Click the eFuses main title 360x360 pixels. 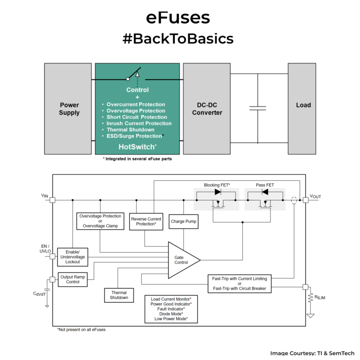coord(178,17)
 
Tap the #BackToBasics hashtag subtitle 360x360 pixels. coord(178,39)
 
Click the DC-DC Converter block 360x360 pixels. coord(207,109)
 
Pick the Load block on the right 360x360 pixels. coord(303,105)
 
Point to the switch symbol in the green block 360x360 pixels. coord(133,75)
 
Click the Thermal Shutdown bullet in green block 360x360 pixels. coord(130,130)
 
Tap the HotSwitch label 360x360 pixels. coord(137,147)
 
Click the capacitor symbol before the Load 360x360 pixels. coord(257,108)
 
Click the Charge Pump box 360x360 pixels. coord(184,221)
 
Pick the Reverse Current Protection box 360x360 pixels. coord(146,221)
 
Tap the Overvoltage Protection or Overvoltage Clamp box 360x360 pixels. coord(100,221)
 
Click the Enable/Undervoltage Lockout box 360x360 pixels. coord(73,257)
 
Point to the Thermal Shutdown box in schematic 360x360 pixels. coord(119,295)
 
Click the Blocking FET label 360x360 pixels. coord(217,185)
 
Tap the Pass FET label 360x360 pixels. coord(265,185)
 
